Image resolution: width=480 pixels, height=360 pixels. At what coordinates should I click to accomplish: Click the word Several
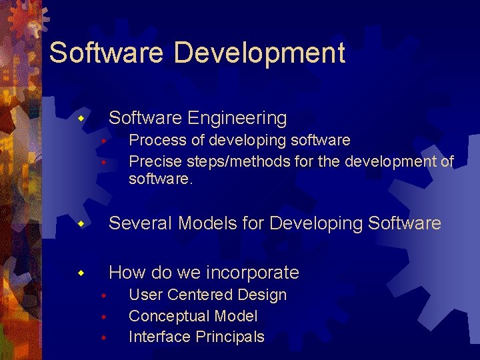click(x=141, y=223)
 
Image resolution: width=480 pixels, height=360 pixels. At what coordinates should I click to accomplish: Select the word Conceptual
click(x=168, y=316)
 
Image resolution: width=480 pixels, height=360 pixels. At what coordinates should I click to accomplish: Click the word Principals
click(x=230, y=337)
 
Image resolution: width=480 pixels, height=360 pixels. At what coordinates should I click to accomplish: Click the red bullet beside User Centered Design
click(x=103, y=295)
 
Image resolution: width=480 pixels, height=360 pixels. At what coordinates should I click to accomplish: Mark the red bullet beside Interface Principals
click(x=103, y=337)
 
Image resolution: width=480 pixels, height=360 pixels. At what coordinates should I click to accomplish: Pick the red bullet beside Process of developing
click(x=103, y=141)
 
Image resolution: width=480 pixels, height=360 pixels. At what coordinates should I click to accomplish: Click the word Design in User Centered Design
click(x=265, y=295)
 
